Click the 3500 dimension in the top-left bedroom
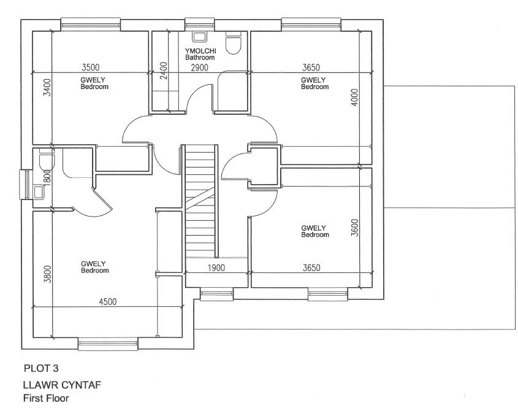pos(90,67)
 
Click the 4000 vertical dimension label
pos(354,98)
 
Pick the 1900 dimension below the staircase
pos(215,268)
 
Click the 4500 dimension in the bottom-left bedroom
pos(108,301)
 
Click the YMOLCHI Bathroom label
pos(200,54)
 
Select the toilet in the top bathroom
pos(234,43)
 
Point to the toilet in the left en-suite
pos(45,161)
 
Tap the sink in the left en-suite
pos(38,193)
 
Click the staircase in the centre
pos(200,199)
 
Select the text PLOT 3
pos(41,369)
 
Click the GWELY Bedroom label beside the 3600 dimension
pos(314,231)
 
